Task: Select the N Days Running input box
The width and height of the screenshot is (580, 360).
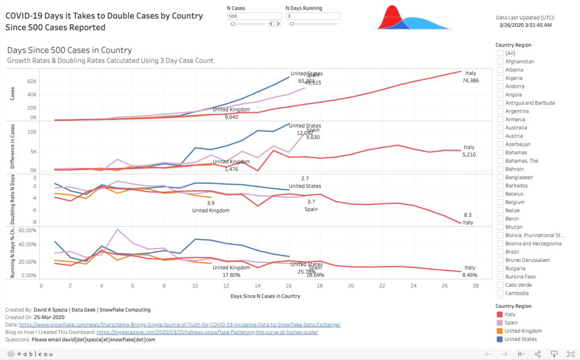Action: coord(312,16)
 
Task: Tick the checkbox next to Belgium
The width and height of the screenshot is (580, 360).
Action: coord(501,202)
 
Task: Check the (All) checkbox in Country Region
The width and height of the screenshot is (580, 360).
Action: coord(501,53)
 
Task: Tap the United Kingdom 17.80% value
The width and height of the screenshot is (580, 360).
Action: coord(232,274)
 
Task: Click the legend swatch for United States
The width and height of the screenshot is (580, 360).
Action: coord(500,340)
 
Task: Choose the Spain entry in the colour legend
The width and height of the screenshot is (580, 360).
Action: coord(512,322)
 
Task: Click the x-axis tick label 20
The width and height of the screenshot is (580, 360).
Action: coord(351,286)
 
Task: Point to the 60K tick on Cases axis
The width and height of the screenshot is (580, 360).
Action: coord(31,81)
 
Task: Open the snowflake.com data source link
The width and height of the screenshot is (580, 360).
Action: coord(180,324)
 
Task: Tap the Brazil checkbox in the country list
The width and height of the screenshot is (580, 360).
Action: coord(501,252)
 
